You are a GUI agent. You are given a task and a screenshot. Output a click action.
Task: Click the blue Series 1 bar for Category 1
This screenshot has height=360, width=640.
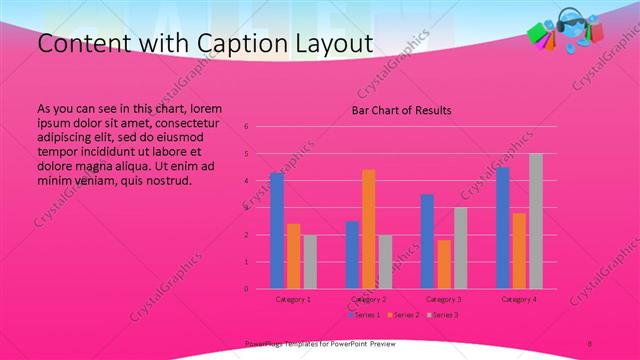(276, 231)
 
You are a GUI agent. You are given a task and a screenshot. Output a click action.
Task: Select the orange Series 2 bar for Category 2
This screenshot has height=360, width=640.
(368, 229)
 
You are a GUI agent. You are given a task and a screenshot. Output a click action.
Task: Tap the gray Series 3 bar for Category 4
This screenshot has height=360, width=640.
(536, 221)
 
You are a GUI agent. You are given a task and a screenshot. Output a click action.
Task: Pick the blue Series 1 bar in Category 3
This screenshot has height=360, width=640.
(427, 241)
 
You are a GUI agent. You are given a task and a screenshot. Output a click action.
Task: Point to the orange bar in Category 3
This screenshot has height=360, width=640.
(443, 264)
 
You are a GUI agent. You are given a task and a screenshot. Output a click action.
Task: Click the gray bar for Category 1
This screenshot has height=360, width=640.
(310, 262)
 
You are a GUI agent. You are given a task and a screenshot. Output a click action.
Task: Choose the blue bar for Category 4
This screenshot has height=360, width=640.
(503, 228)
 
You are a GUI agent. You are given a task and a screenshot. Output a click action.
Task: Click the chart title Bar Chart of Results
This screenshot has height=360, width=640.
(401, 110)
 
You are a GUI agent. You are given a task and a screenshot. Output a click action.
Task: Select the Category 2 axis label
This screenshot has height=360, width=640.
(369, 299)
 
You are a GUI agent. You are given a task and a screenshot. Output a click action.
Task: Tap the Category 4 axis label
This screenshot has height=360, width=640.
(519, 299)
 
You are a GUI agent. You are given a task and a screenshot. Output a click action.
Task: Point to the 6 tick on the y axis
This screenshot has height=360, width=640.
(246, 127)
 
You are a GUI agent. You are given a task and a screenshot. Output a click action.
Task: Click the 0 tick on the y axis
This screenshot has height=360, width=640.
(246, 289)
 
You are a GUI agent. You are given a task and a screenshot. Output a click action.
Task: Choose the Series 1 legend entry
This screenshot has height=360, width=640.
(364, 315)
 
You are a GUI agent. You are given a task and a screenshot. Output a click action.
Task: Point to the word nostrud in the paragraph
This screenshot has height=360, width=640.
(168, 180)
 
